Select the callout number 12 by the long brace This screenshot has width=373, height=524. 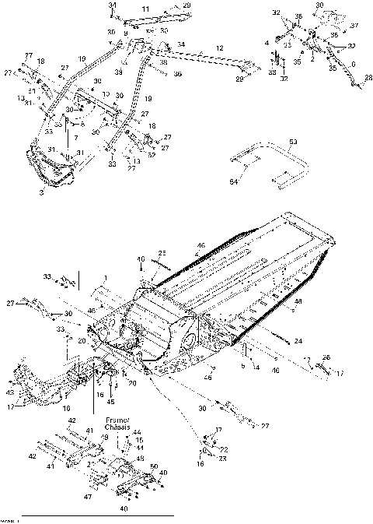(x=220, y=48)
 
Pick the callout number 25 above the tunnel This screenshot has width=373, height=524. (x=162, y=254)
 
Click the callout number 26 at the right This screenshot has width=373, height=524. (x=326, y=357)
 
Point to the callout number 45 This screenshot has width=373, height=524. (x=110, y=402)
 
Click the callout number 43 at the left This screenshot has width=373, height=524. (x=10, y=371)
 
